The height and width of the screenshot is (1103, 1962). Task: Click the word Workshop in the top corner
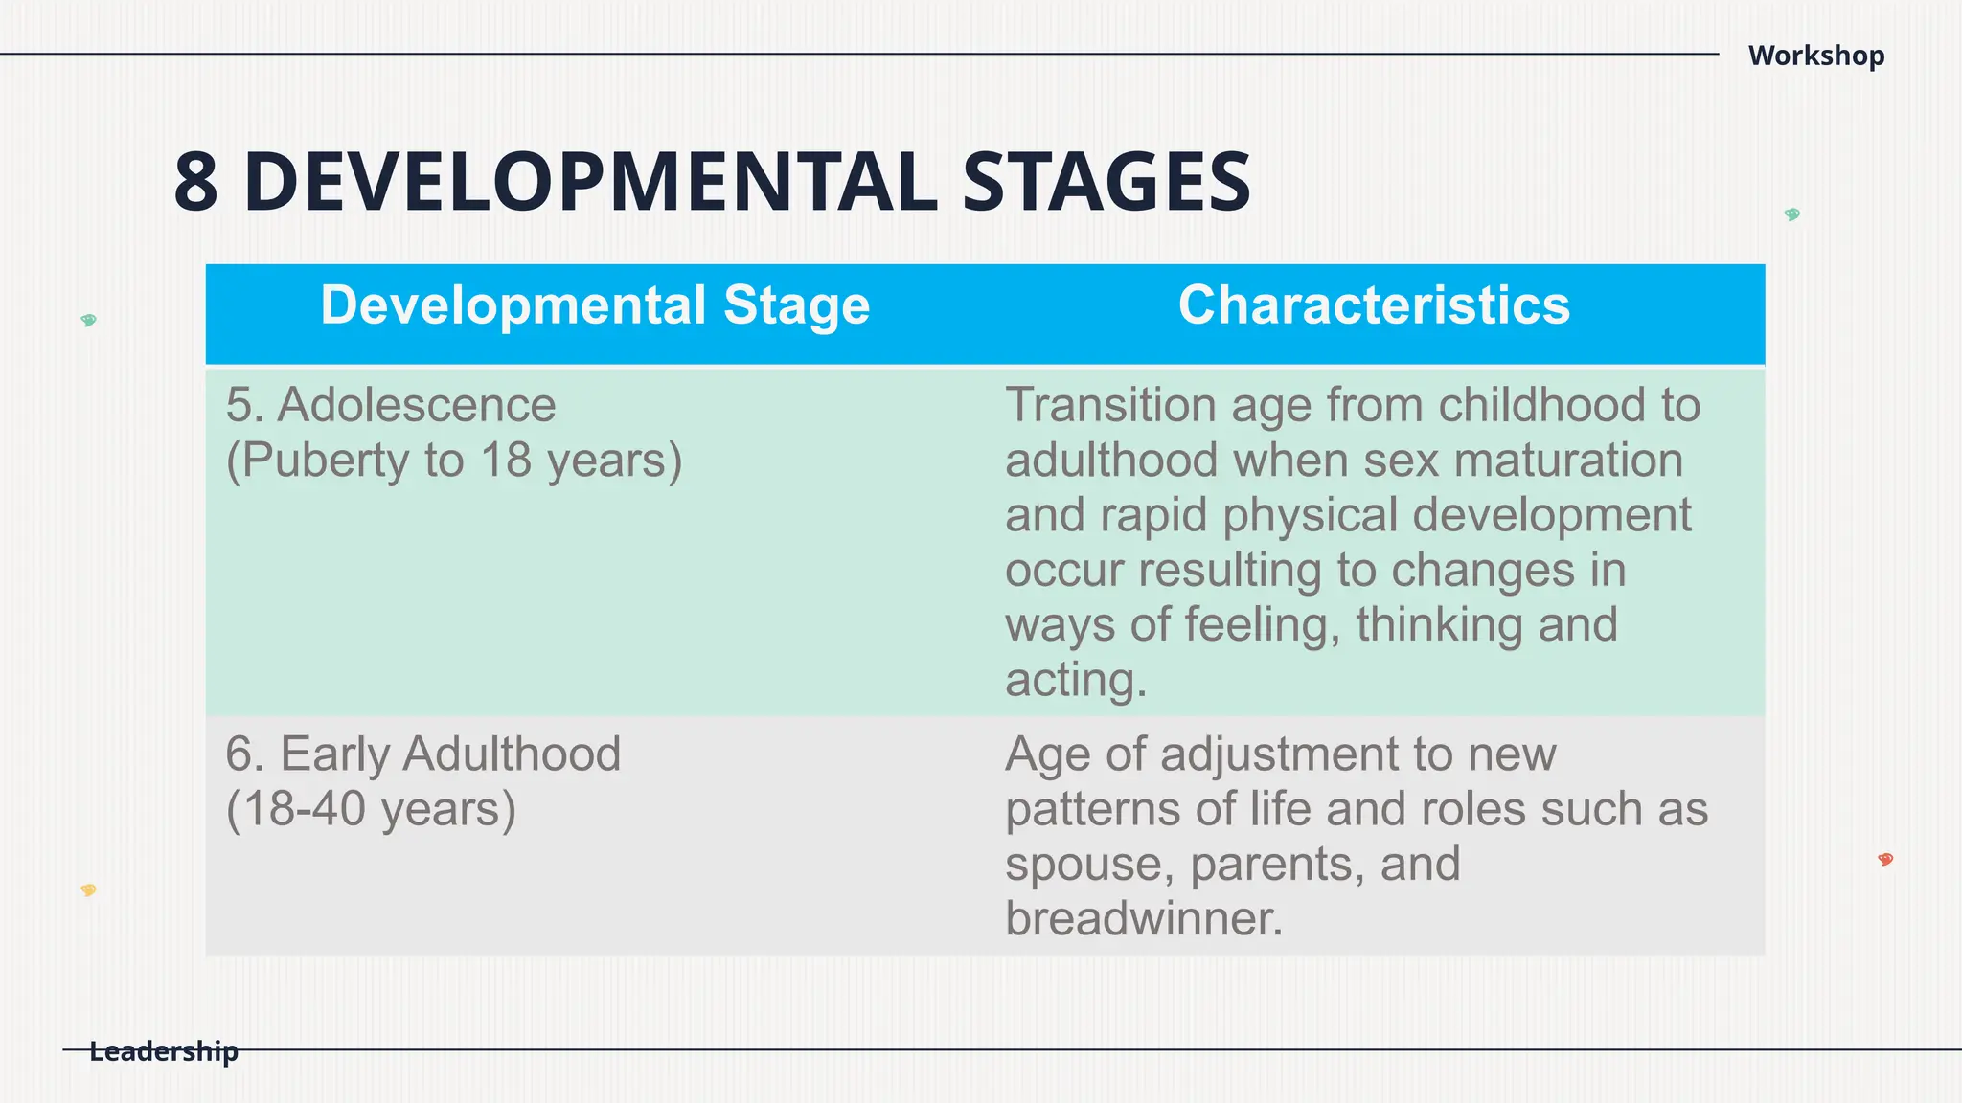point(1815,56)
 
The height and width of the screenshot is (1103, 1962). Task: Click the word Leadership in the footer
point(163,1051)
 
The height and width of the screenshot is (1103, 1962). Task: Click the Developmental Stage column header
point(595,305)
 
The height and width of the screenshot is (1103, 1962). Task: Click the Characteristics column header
point(1374,305)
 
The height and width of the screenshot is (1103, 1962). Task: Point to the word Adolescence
point(416,405)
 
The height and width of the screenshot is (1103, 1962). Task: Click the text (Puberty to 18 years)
point(454,461)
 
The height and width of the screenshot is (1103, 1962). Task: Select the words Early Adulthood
point(450,754)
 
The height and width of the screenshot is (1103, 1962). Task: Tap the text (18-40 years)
point(371,809)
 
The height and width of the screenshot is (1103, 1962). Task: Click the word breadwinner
point(1142,918)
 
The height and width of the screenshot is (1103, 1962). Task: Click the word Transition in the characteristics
point(1109,405)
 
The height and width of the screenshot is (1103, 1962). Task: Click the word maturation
point(1567,461)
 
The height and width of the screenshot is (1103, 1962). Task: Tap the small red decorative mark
point(1885,859)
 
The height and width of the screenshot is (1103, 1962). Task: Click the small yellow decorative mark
point(88,890)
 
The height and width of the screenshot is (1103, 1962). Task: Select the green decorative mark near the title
point(1791,214)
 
